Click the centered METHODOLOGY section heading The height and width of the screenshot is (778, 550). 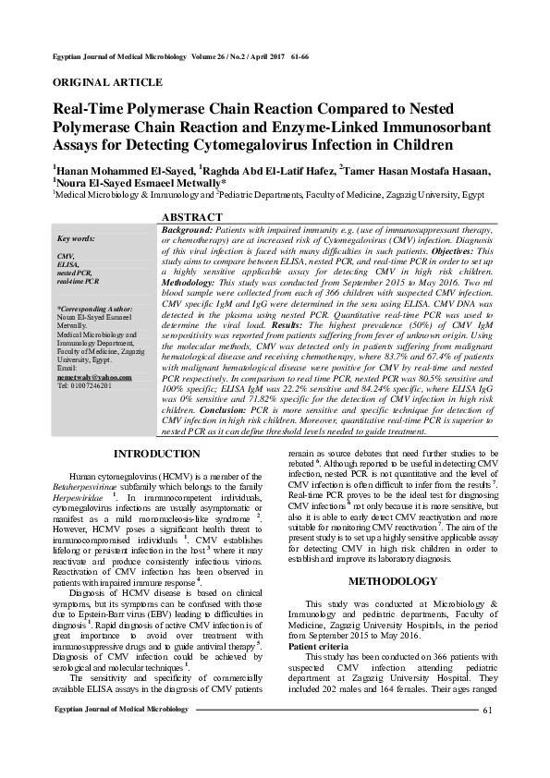392,581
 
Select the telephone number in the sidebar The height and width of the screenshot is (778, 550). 84,385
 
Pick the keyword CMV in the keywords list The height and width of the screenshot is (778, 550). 66,254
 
